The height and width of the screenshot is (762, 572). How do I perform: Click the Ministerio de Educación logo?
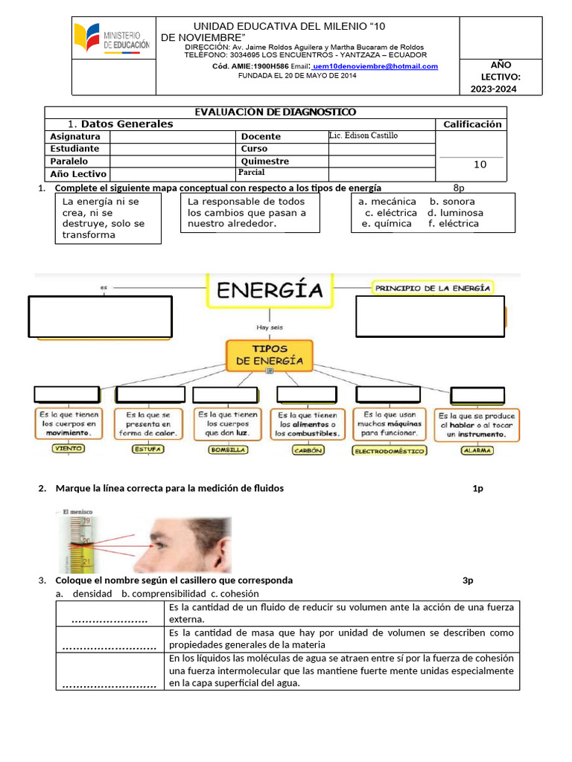tap(111, 38)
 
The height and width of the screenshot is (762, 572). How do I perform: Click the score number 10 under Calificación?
tap(480, 164)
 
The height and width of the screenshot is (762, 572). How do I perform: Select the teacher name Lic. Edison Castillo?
tap(363, 136)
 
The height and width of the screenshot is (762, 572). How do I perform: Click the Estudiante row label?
tap(74, 149)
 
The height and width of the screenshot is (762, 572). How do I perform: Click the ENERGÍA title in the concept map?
tap(270, 289)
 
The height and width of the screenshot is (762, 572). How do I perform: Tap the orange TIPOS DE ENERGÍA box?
tap(270, 355)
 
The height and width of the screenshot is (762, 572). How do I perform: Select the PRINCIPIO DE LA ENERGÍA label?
tap(432, 287)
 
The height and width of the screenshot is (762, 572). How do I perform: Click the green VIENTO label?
tap(68, 449)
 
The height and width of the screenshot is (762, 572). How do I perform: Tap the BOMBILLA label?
tap(228, 449)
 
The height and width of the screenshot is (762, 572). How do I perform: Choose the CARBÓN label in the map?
tap(307, 449)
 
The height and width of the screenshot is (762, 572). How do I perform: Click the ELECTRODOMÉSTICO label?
tap(390, 450)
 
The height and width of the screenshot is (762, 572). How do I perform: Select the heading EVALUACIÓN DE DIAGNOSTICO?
tap(275, 112)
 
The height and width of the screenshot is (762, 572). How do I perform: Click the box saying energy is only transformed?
tap(108, 218)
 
